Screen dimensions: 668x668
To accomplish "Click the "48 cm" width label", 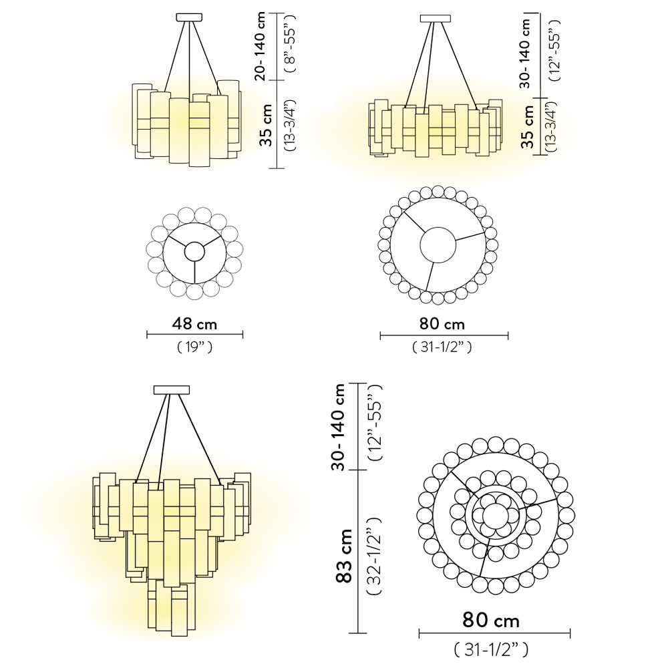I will [x=195, y=324].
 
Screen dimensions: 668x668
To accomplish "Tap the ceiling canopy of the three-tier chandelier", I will [x=172, y=389].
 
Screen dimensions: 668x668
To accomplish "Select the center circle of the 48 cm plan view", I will [x=194, y=251].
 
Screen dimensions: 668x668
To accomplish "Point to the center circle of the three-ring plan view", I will [x=495, y=514].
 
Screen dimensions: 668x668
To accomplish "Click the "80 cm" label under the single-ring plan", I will [x=442, y=324].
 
